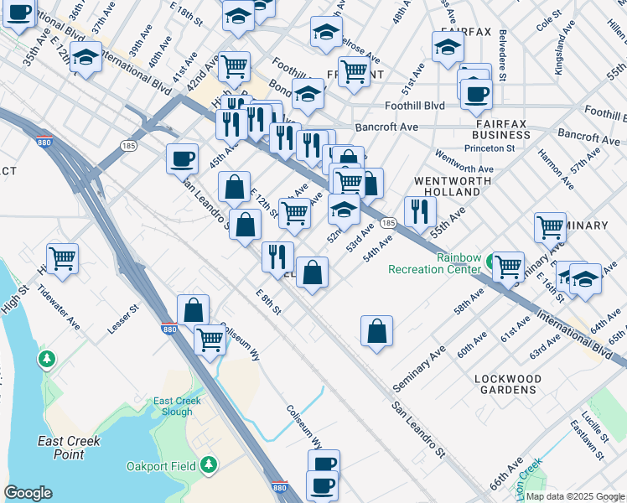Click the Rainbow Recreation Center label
(x=433, y=263)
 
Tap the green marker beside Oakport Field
(x=208, y=464)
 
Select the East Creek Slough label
(x=177, y=407)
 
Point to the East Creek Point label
(x=70, y=448)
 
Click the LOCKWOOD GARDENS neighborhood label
(x=508, y=384)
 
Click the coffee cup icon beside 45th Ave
(x=182, y=157)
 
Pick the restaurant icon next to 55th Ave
(x=420, y=210)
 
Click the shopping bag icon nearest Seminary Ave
(x=377, y=329)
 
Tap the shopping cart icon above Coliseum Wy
(x=210, y=339)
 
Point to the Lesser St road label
(x=122, y=323)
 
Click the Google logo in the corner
(x=28, y=493)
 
